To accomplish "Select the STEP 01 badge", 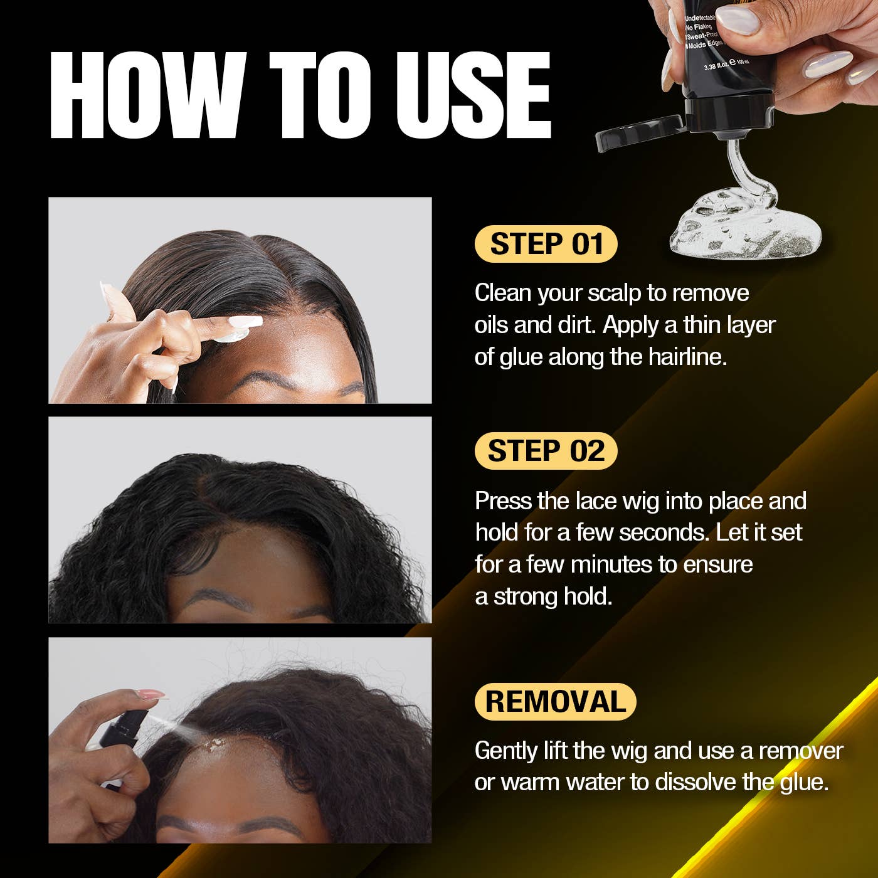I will [x=546, y=244].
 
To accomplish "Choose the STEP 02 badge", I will [x=546, y=451].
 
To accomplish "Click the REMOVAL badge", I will [x=556, y=701].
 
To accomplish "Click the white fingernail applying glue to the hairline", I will [x=245, y=322].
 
